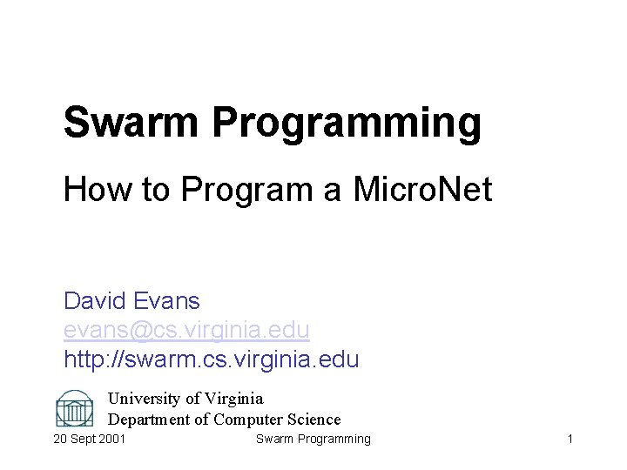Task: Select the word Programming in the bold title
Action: [x=347, y=124]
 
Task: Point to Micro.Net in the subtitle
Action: [x=422, y=189]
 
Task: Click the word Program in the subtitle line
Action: [x=248, y=190]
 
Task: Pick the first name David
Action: [x=96, y=301]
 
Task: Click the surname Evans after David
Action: [x=167, y=301]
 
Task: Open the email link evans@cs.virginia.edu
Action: [x=186, y=330]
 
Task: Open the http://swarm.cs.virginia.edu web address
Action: [x=211, y=359]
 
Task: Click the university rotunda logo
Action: [x=74, y=408]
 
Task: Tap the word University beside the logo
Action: [x=144, y=399]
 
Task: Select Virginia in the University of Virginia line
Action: [x=233, y=399]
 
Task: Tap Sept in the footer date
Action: [x=84, y=439]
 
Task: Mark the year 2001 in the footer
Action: [x=112, y=439]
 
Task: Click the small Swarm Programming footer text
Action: [x=313, y=439]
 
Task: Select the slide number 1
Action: [x=570, y=439]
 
